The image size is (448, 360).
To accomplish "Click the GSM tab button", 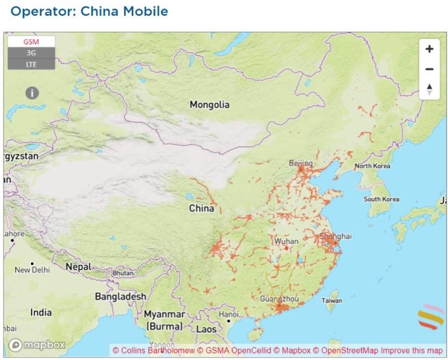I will pos(32,42).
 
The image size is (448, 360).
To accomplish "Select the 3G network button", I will pos(32,53).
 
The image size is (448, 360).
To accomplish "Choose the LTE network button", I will pos(32,64).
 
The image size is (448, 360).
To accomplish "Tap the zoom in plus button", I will pos(429,49).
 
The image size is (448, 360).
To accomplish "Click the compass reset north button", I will pos(429,89).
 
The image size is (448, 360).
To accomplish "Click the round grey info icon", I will pos(32,93).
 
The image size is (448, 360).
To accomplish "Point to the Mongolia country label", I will pos(209,105).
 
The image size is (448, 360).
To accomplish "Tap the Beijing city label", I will pos(301,163).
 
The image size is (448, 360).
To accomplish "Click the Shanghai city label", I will pos(335,236).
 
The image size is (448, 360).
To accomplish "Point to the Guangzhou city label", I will pos(279,299).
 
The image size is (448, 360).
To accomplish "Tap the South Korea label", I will pos(381,199).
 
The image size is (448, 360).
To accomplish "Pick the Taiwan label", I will pos(332,300).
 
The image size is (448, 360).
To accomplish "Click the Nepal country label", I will pos(78,267).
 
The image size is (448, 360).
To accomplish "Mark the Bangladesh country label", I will pos(121,296).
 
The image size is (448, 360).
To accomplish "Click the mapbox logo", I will pos(36,345).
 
